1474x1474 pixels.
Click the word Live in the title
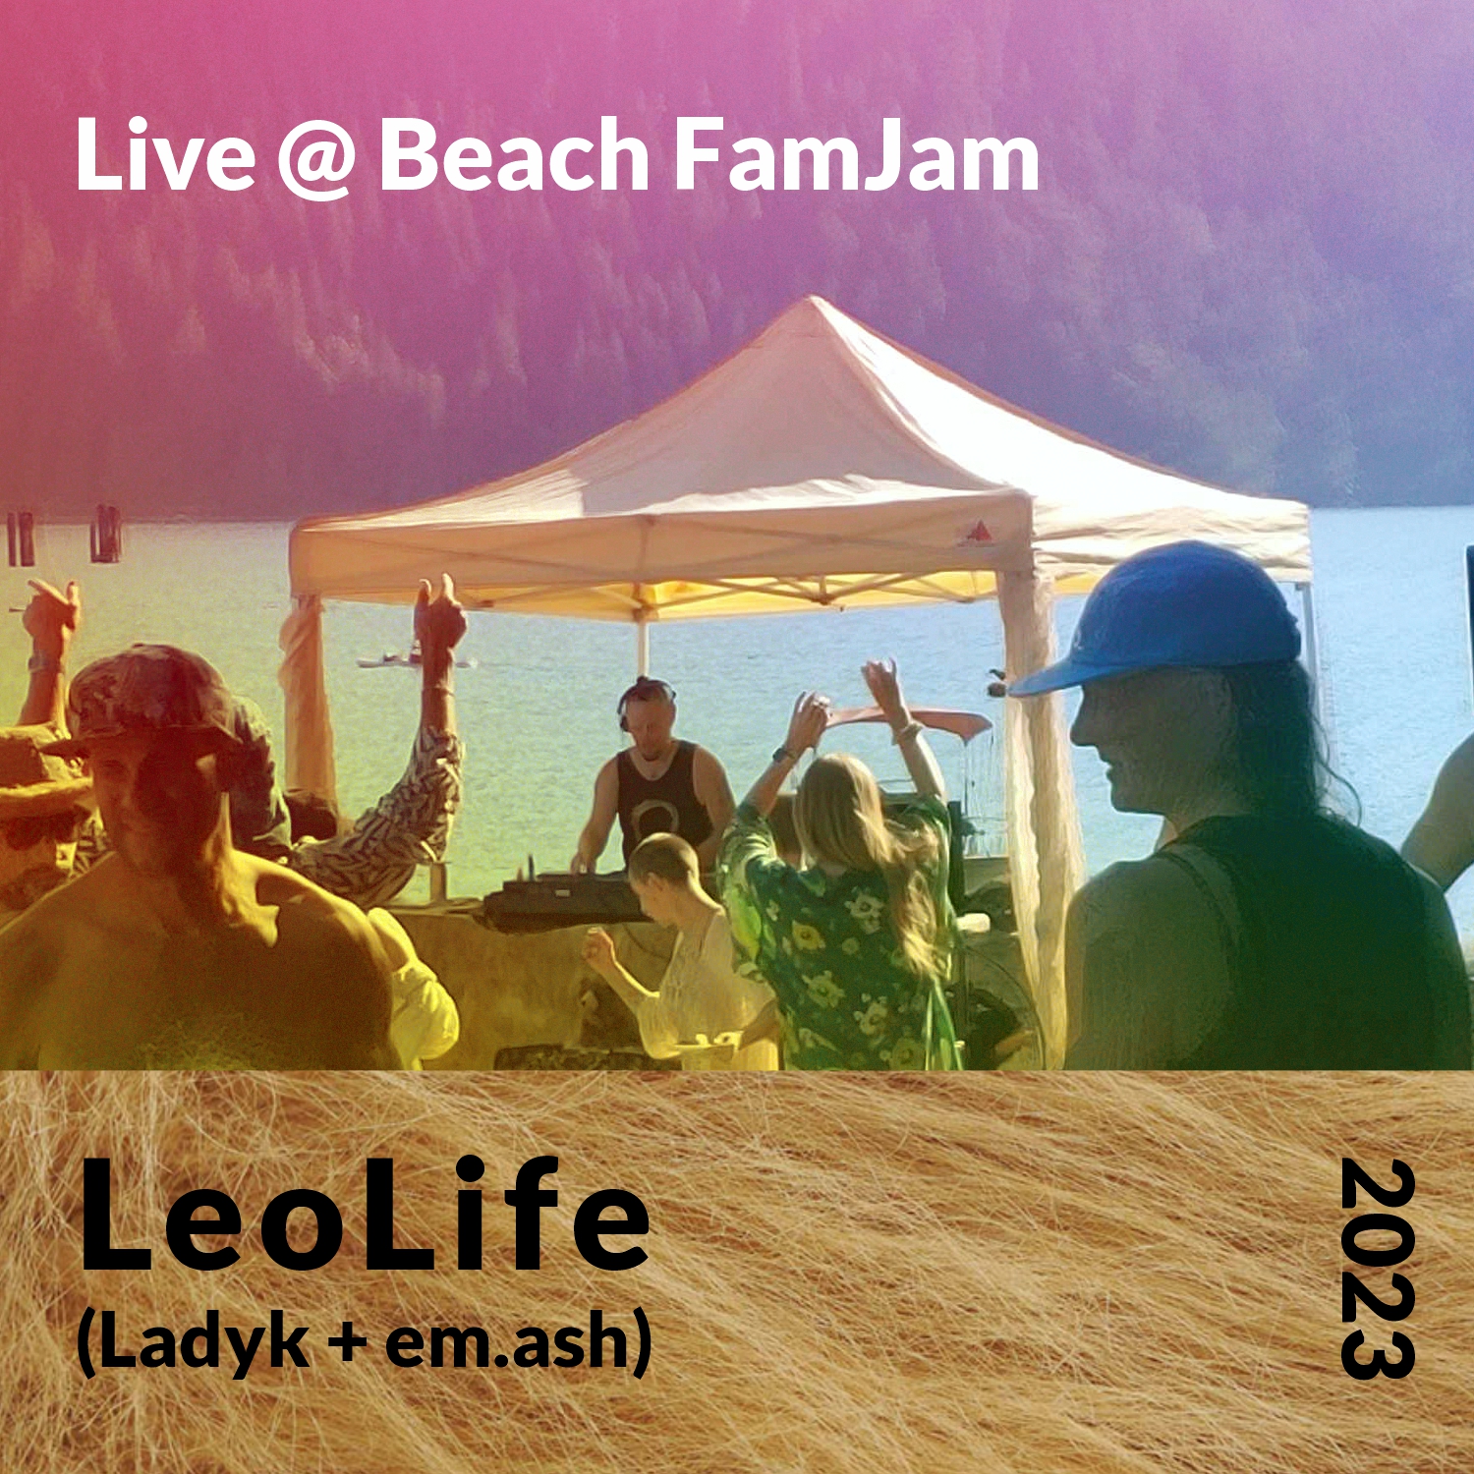pos(165,154)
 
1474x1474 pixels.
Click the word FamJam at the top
pos(856,154)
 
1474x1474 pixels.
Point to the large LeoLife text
pos(364,1216)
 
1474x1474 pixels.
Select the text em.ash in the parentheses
pos(506,1342)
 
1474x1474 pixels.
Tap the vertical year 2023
pos(1377,1269)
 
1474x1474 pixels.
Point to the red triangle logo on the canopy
pos(976,533)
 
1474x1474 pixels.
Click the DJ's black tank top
pos(661,801)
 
